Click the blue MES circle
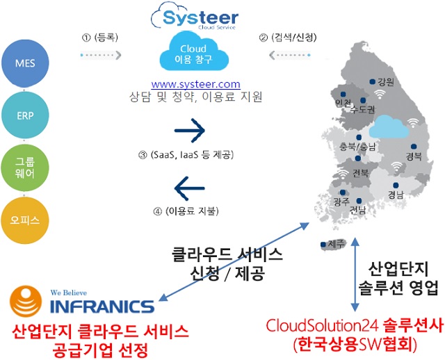pos(25,63)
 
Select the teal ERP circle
pos(25,115)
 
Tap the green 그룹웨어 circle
pos(25,168)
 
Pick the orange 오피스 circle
pos(25,220)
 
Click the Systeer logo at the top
pos(195,16)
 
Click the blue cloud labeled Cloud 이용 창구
pos(194,51)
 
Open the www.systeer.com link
pos(195,84)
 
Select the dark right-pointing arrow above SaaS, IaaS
pos(190,131)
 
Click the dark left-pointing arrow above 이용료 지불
pos(190,188)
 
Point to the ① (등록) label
pos(99,37)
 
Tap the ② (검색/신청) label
pos(288,37)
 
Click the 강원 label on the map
pos(386,82)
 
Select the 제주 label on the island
pos(337,244)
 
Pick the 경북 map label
pos(414,156)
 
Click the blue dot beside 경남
pos(396,186)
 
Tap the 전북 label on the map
pos(361,173)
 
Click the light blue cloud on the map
pos(389,126)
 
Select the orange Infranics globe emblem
pos(26,301)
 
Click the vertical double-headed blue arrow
pos(355,275)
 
